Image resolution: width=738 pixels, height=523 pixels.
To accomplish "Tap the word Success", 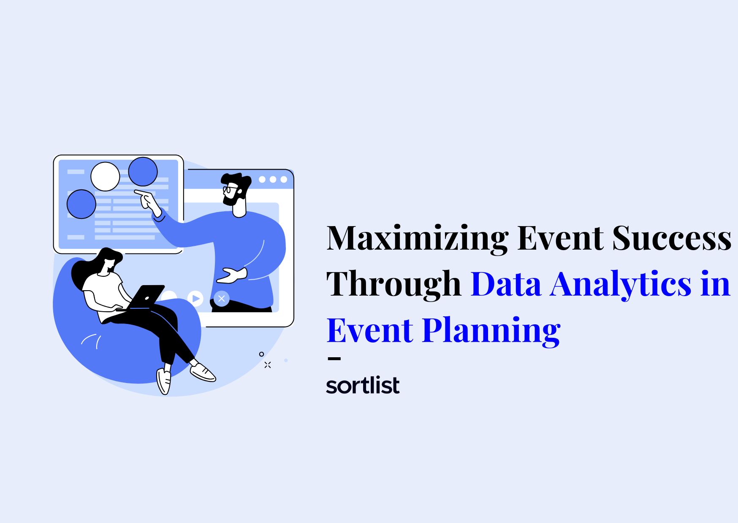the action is [671, 238].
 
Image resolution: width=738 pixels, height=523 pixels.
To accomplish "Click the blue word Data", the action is [506, 284].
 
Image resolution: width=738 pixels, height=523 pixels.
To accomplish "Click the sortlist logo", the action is [363, 385].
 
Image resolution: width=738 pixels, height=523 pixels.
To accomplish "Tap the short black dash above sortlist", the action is [334, 359].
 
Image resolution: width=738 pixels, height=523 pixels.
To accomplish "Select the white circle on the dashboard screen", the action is [105, 176].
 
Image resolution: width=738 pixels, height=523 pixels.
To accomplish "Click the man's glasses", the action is [229, 189].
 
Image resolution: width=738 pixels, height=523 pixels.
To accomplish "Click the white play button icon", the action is [195, 299].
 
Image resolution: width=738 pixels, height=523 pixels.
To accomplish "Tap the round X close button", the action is [222, 299].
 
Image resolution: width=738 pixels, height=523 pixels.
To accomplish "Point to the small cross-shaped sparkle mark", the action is [268, 365].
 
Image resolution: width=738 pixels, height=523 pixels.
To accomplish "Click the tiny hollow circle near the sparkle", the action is [262, 354].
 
